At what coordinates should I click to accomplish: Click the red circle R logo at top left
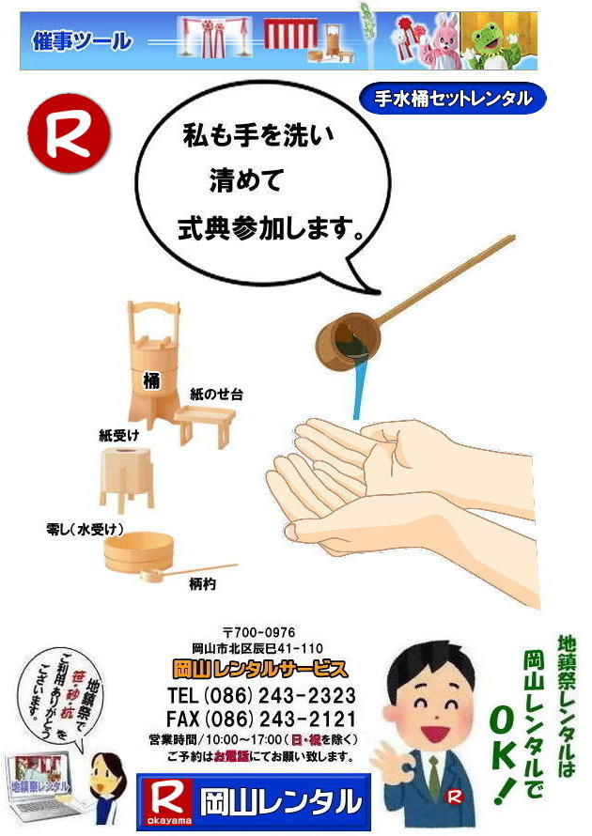click(70, 134)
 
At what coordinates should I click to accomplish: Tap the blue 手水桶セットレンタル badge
click(452, 98)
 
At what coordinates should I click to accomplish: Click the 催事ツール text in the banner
click(82, 41)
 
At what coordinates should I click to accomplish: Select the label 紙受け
click(119, 435)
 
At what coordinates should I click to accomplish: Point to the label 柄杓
click(203, 583)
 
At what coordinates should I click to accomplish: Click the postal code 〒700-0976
click(258, 633)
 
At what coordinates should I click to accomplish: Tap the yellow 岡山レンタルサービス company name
click(260, 670)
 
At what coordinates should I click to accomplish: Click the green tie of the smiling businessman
click(434, 776)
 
